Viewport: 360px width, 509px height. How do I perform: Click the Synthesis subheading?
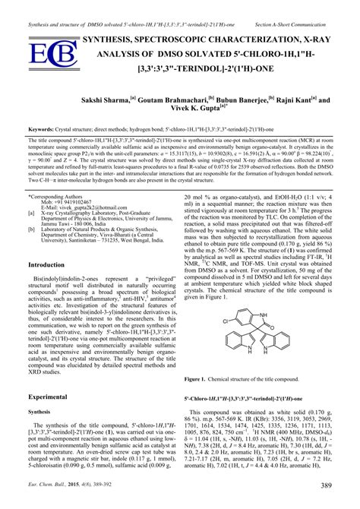pos(39,412)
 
